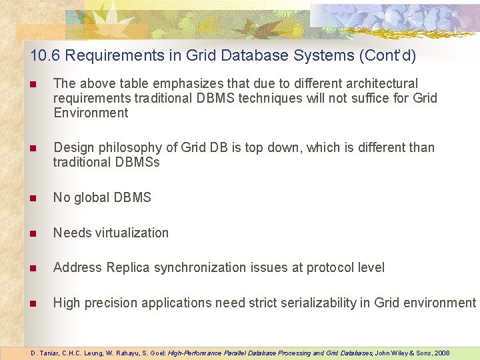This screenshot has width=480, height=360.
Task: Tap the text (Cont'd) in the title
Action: coord(387,55)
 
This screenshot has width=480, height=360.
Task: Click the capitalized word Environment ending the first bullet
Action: coord(91,113)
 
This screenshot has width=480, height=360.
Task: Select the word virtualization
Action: coord(131,233)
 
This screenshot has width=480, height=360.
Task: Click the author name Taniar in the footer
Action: coord(49,353)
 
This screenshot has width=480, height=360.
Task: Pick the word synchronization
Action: coord(200,267)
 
